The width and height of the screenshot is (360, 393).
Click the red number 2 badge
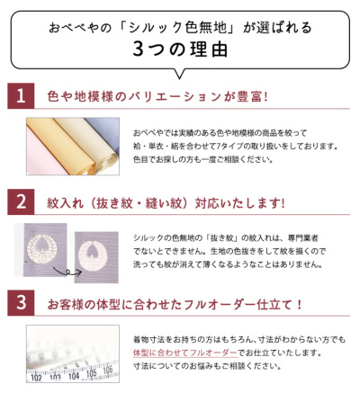[x=20, y=201]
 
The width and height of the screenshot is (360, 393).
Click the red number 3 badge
[x=20, y=306]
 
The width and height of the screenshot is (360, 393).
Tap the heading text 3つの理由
[x=179, y=49]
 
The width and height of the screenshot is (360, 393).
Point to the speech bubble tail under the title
[x=179, y=71]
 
